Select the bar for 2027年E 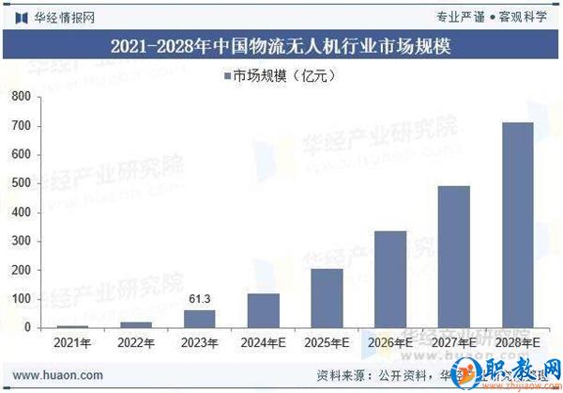point(454,256)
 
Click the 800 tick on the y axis point(21,97)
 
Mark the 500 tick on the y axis point(21,183)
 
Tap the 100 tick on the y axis point(21,299)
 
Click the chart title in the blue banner point(281,45)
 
